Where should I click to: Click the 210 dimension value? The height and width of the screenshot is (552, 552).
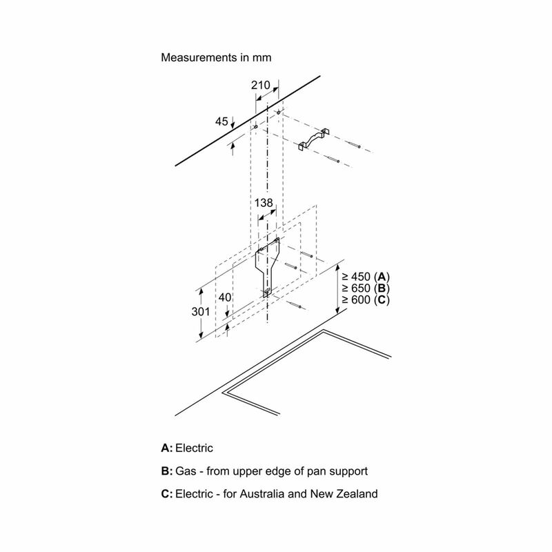(261, 85)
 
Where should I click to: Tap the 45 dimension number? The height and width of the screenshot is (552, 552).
(221, 121)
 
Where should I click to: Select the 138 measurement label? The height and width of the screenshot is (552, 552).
(264, 203)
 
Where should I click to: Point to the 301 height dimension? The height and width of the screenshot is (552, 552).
(201, 312)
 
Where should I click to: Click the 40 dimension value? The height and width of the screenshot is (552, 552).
(225, 297)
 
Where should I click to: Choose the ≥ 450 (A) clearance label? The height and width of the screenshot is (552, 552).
(366, 277)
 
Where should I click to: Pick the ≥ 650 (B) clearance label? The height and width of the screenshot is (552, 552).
(366, 288)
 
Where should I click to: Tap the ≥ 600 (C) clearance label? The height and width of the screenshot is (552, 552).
(366, 300)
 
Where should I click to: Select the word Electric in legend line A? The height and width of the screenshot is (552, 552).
(194, 448)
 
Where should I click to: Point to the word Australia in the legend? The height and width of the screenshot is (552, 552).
(262, 494)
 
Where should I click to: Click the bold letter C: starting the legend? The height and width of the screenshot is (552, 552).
(167, 494)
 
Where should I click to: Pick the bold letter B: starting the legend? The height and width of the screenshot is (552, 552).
(167, 471)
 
